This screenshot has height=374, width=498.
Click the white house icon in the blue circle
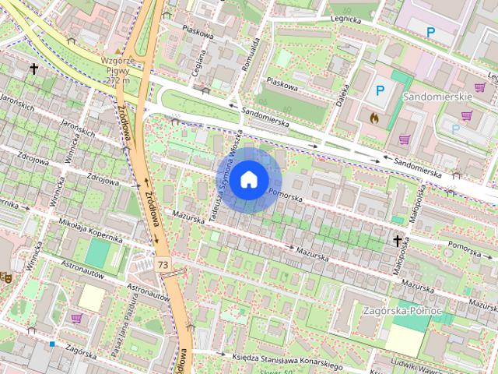pyautogui.click(x=247, y=179)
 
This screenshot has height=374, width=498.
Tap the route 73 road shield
pyautogui.click(x=163, y=265)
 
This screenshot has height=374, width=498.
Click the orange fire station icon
pyautogui.click(x=373, y=118)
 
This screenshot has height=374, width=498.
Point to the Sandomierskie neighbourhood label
pyautogui.click(x=439, y=95)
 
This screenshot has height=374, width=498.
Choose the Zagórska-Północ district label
pyautogui.click(x=402, y=310)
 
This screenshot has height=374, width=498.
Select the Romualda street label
pyautogui.click(x=249, y=54)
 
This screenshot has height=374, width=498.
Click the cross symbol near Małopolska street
pyautogui.click(x=398, y=242)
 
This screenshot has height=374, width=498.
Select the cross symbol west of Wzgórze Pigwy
pyautogui.click(x=33, y=69)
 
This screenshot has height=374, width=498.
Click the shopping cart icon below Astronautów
pyautogui.click(x=76, y=318)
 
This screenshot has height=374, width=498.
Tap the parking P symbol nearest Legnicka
pyautogui.click(x=430, y=32)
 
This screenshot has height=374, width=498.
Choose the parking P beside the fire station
pyautogui.click(x=380, y=90)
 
